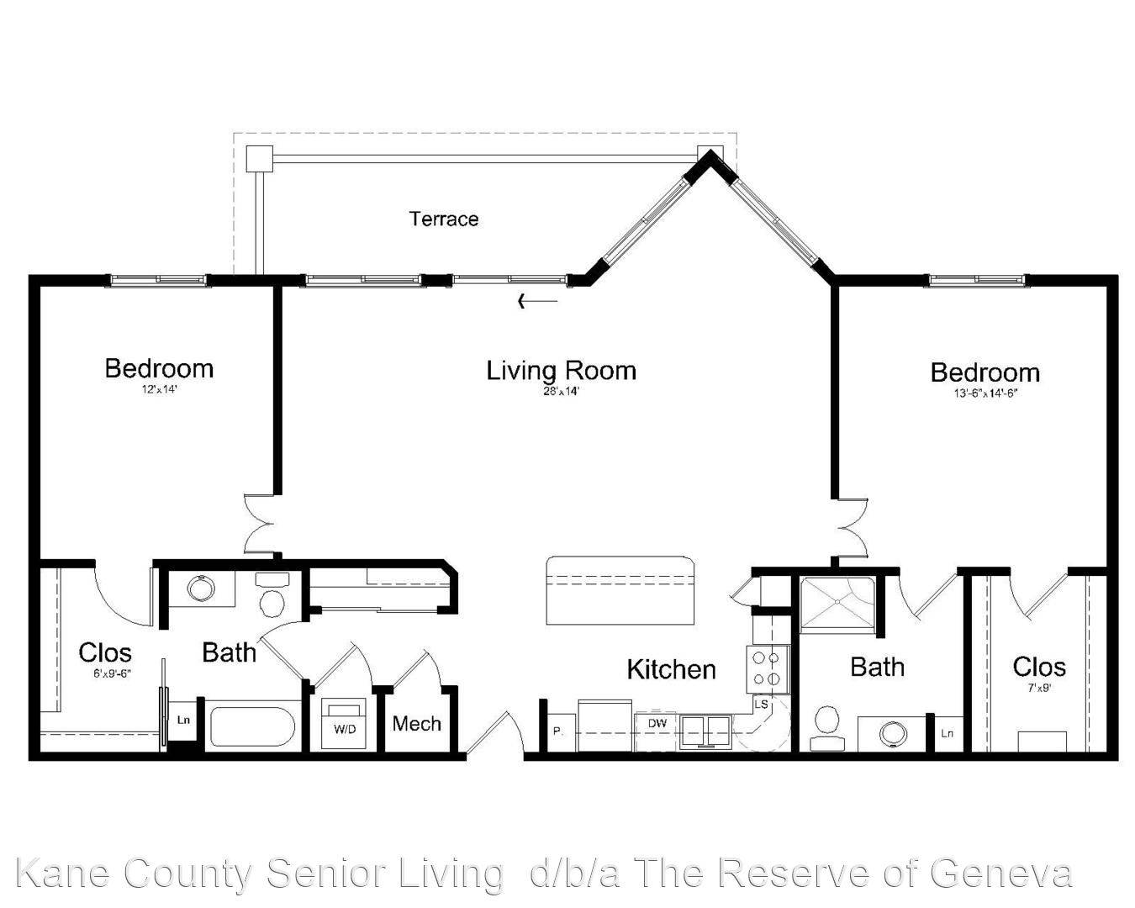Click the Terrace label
[444, 219]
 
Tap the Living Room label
[561, 371]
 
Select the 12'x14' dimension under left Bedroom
[159, 389]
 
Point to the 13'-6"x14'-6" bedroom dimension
[985, 393]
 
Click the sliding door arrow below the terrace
[538, 301]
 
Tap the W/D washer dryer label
[345, 729]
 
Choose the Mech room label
[417, 724]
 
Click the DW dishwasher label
[657, 723]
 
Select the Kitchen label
[672, 669]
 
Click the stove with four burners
[768, 669]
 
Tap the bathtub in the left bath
[252, 726]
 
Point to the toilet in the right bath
[826, 727]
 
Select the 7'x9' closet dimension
[1039, 689]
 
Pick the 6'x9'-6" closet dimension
[112, 673]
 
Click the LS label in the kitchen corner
[761, 705]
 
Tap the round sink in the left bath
[201, 589]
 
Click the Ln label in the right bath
[948, 733]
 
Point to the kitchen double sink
[705, 731]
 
